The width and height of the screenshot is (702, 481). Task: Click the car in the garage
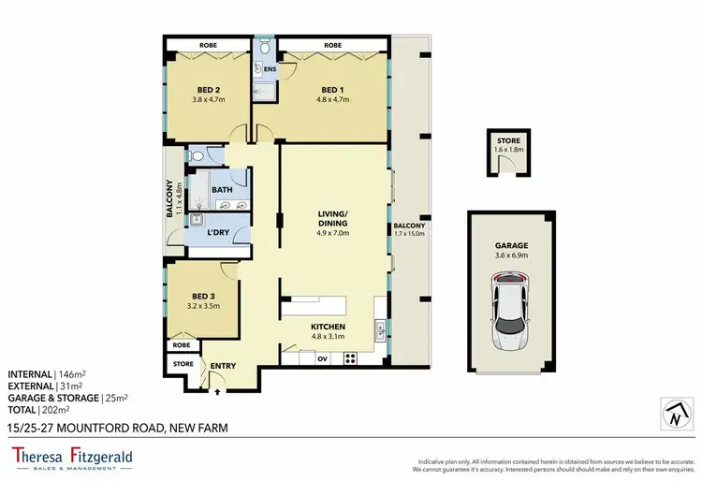511,306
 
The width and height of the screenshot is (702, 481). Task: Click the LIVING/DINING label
332,219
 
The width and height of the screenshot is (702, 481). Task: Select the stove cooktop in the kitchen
352,357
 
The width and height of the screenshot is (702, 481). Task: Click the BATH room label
222,190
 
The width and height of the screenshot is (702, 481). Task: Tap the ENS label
269,69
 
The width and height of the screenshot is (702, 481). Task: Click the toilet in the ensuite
266,47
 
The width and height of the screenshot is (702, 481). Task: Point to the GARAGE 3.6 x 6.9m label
511,249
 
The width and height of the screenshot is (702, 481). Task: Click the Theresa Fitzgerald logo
72,459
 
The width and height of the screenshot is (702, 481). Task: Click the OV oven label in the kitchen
322,357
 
